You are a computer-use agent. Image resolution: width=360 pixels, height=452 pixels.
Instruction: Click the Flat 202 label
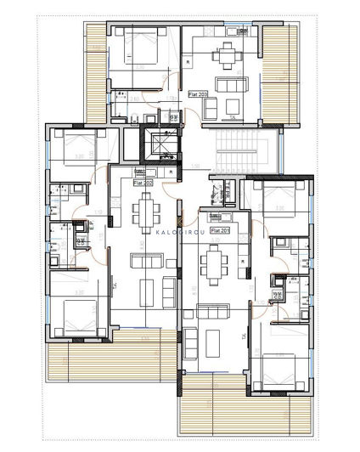(143, 182)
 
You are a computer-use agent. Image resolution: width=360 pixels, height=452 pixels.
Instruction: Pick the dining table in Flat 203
(226, 57)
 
